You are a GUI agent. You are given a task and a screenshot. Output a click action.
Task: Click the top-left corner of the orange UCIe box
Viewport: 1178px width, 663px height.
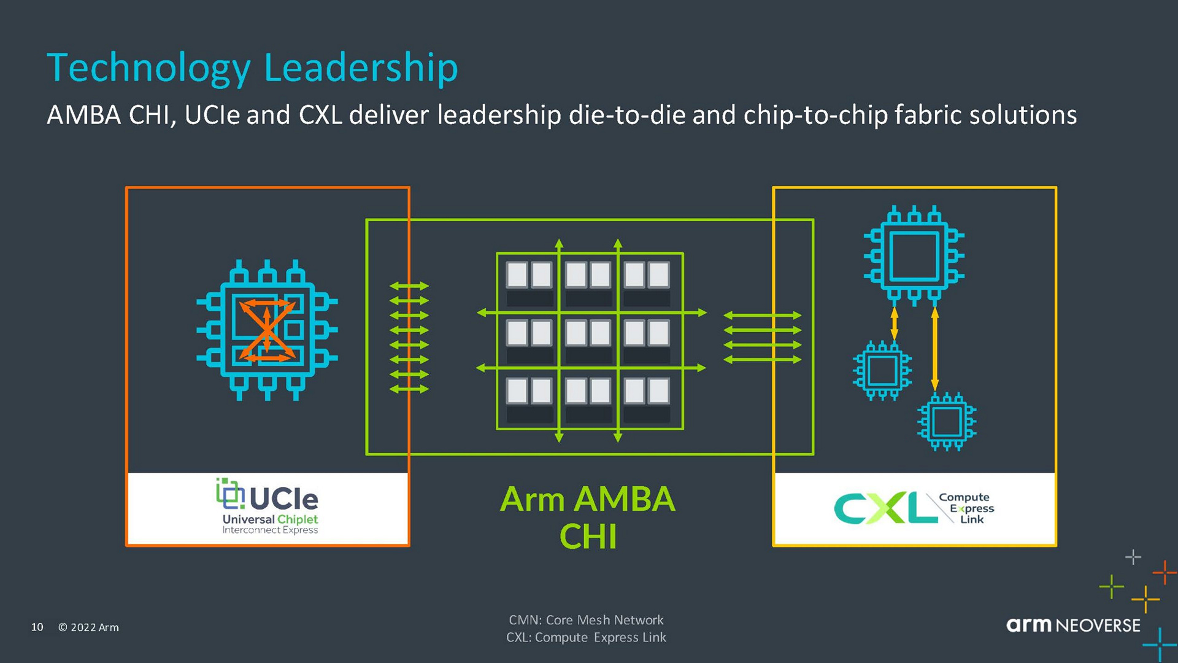126,187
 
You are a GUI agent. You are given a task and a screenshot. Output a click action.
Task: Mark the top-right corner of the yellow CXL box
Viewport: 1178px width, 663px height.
1056,188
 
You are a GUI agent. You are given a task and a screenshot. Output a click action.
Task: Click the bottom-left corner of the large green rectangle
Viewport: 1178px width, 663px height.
367,454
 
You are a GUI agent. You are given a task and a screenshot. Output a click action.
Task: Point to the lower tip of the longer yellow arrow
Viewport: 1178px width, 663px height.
934,391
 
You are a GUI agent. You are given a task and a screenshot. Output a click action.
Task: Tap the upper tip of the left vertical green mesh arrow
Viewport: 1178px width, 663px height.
559,239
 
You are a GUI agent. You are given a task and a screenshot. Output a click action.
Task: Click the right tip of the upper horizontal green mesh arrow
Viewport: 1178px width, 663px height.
707,312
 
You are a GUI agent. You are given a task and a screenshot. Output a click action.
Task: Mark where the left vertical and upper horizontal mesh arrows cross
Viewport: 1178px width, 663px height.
559,312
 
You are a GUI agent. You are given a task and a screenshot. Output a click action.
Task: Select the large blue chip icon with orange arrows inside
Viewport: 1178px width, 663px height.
267,330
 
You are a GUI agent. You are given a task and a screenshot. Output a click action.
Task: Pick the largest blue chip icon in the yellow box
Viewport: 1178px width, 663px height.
914,255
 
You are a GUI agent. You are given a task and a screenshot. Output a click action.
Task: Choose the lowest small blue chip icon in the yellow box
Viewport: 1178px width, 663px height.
947,422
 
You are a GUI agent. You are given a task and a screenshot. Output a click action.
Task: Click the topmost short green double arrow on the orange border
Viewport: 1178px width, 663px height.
409,286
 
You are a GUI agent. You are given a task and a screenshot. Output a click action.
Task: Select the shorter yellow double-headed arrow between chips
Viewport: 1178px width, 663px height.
894,324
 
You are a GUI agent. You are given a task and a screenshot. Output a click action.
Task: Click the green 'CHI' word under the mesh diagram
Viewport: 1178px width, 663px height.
588,537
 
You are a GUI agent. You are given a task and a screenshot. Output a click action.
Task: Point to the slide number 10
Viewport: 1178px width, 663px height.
37,627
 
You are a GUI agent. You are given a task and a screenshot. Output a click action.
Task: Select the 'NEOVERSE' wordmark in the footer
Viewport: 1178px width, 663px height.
1098,626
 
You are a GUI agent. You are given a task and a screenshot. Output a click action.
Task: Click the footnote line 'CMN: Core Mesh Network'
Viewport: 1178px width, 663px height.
586,620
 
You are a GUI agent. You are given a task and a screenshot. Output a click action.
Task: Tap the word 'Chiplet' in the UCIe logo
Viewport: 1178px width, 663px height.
298,520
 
